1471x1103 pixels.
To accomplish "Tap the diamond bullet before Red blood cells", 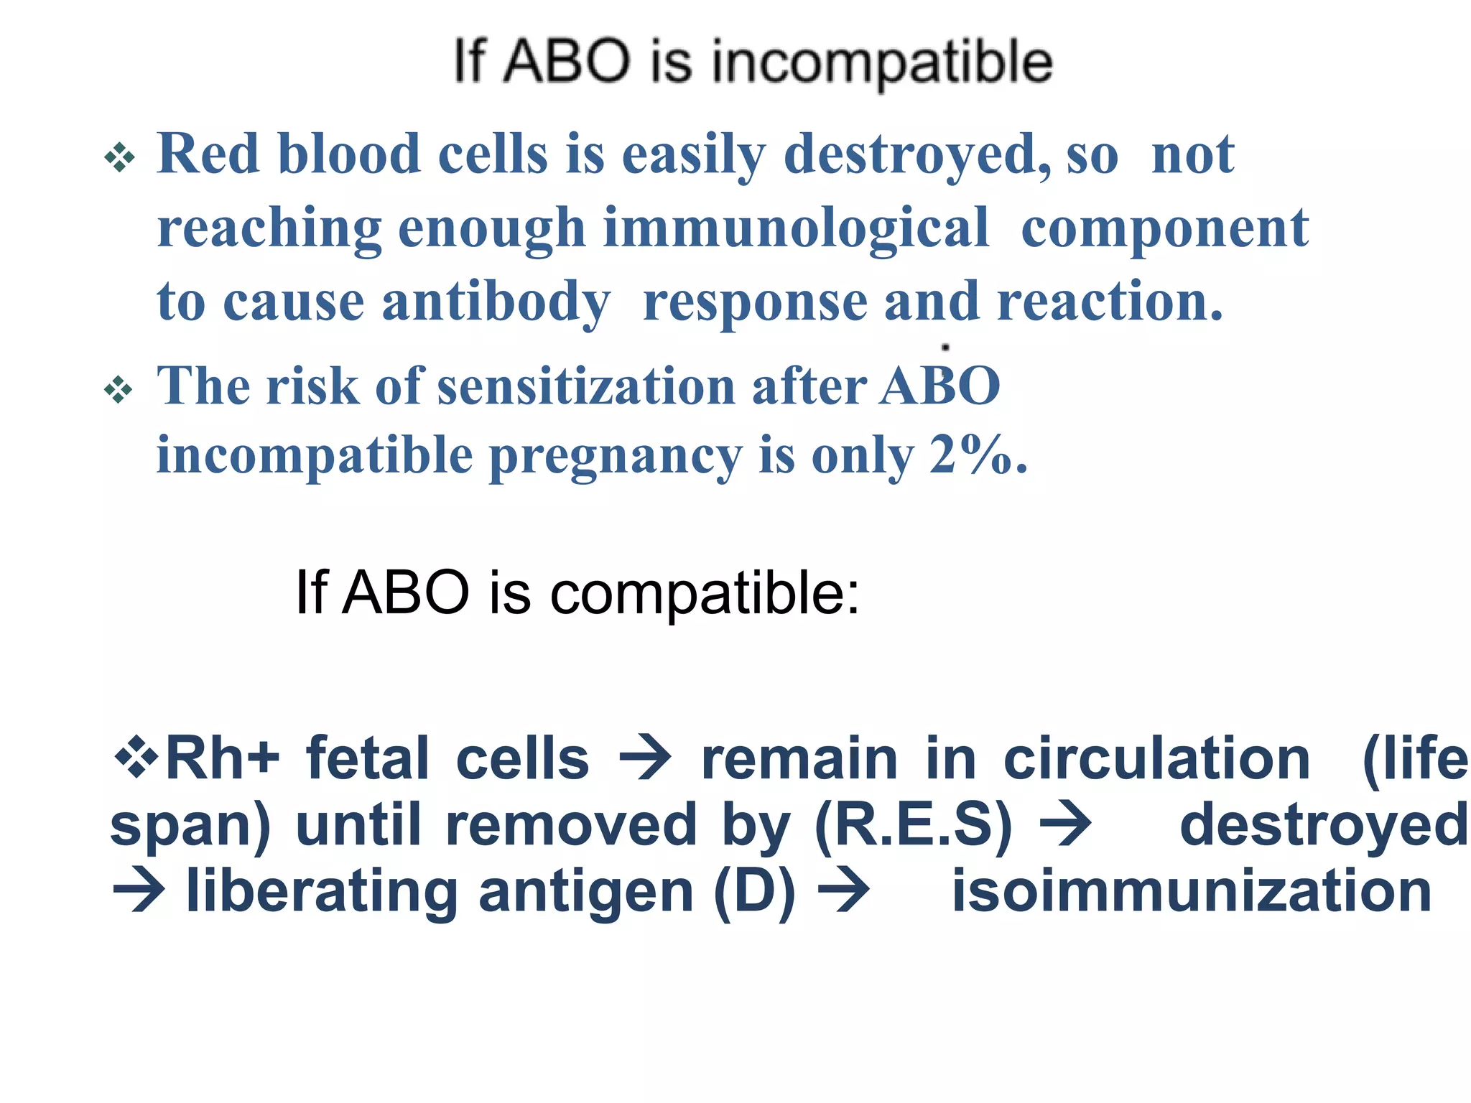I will click(119, 157).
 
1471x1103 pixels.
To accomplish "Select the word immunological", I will click(796, 228).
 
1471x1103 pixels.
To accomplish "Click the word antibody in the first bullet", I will click(496, 302).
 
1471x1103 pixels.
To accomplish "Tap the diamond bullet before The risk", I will click(119, 390).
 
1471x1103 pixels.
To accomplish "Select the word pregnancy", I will click(616, 457).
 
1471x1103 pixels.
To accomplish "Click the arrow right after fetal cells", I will click(645, 760).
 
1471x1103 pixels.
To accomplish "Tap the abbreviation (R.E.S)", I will click(914, 826).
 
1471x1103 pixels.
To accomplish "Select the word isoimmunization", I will click(1192, 892).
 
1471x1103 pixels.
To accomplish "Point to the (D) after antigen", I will click(754, 892).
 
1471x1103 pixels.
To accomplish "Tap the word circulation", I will click(1156, 760).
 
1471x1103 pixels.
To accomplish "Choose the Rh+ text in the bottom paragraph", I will click(222, 760).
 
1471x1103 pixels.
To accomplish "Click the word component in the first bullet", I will click(1164, 228).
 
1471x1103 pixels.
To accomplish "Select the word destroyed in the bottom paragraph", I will click(1323, 826).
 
